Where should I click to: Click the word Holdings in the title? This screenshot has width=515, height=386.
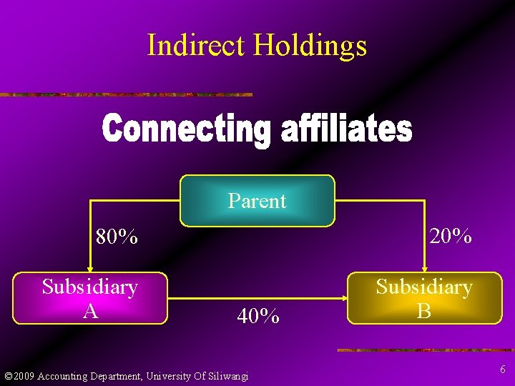coord(310,45)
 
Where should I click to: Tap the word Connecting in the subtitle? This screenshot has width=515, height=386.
coord(187,131)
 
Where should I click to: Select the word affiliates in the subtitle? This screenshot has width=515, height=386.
coord(345,131)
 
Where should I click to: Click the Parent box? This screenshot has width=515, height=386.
coord(257,201)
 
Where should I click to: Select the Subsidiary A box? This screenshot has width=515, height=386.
coord(90,298)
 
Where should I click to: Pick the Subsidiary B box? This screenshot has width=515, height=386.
coord(424,298)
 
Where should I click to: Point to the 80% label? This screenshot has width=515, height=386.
coord(117,237)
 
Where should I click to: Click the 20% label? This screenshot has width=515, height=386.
coord(450,235)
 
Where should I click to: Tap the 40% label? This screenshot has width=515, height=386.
coord(257,316)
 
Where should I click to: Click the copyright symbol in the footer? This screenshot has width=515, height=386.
coord(8,376)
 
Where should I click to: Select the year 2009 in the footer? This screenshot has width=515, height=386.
coord(24,376)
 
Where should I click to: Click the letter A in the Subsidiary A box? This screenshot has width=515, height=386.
coord(90,311)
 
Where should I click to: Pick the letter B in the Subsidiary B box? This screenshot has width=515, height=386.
coord(424,311)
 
